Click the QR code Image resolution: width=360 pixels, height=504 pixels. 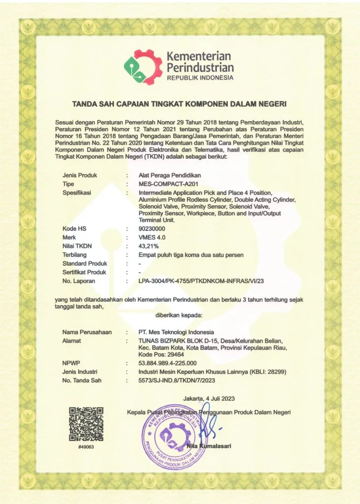click(x=86, y=424)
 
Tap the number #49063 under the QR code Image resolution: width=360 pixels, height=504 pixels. click(x=86, y=446)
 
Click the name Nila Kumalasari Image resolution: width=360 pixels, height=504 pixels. click(x=209, y=446)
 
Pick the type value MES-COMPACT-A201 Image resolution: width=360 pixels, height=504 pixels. click(x=169, y=184)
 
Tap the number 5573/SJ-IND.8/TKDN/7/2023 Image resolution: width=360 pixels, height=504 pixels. click(x=178, y=381)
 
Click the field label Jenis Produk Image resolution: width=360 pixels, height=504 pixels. click(x=80, y=175)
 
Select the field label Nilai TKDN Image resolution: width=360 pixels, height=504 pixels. click(x=78, y=246)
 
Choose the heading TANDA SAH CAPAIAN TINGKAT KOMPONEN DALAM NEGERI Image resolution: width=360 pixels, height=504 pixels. click(x=180, y=104)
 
